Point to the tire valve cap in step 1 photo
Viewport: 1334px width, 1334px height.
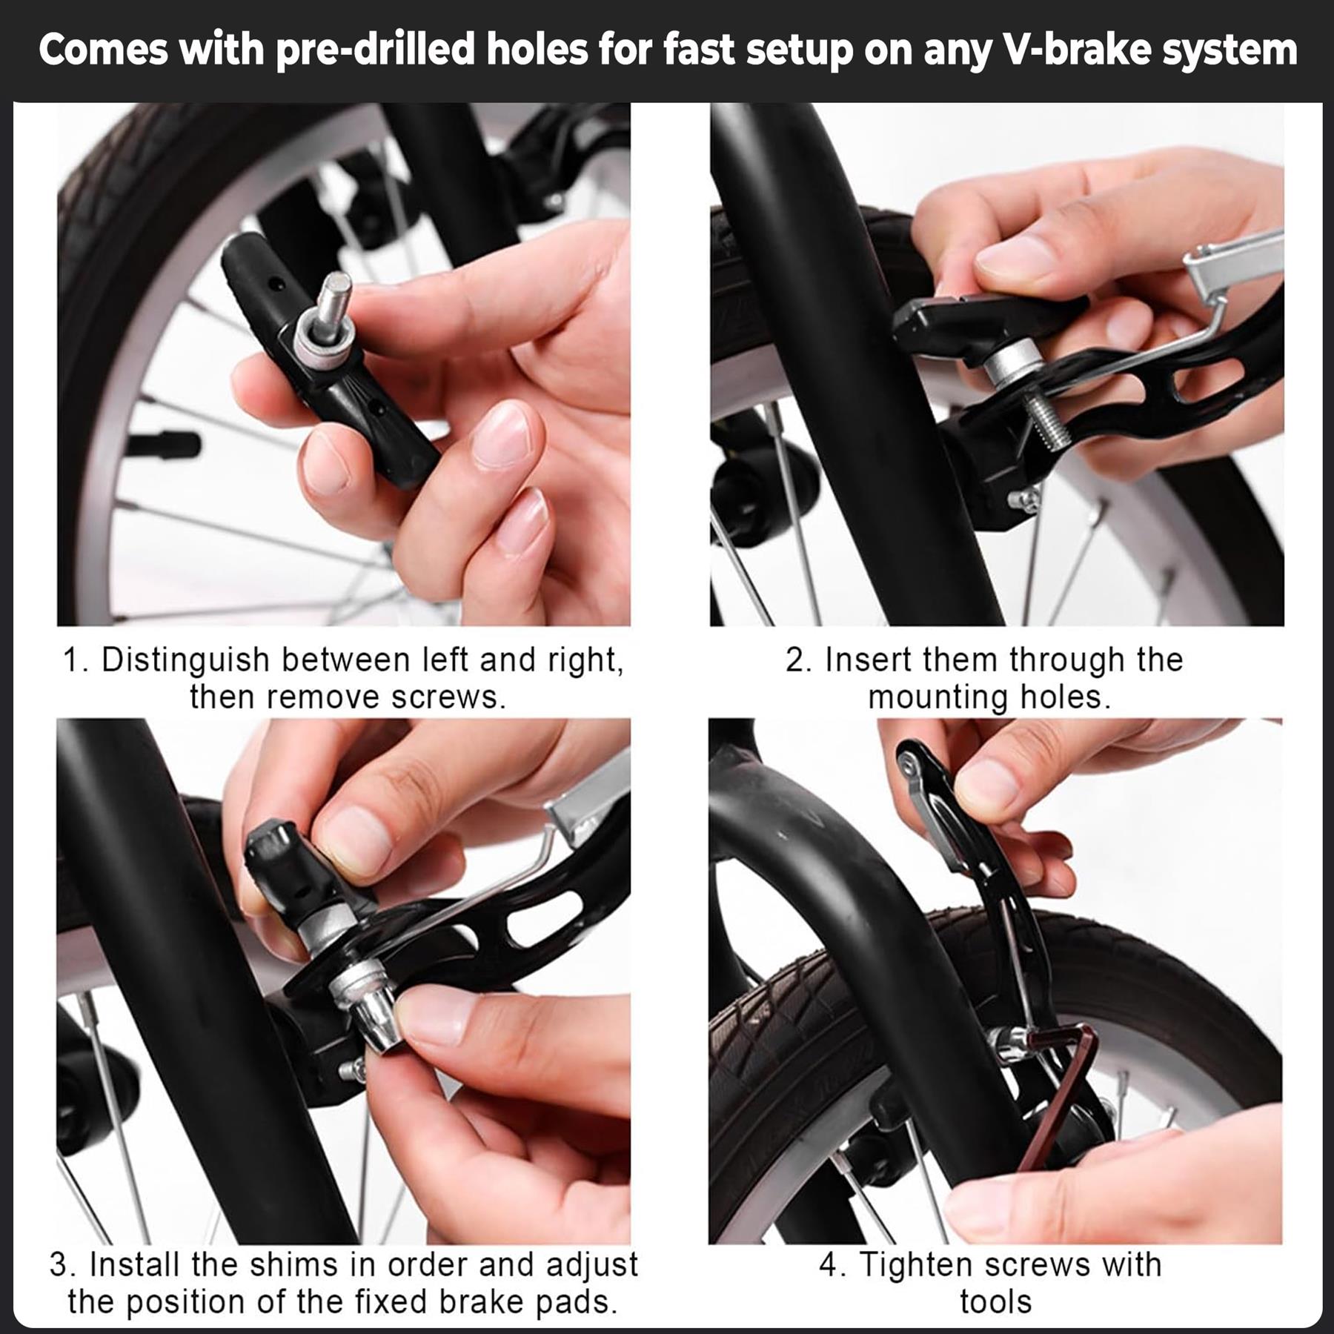point(165,444)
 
